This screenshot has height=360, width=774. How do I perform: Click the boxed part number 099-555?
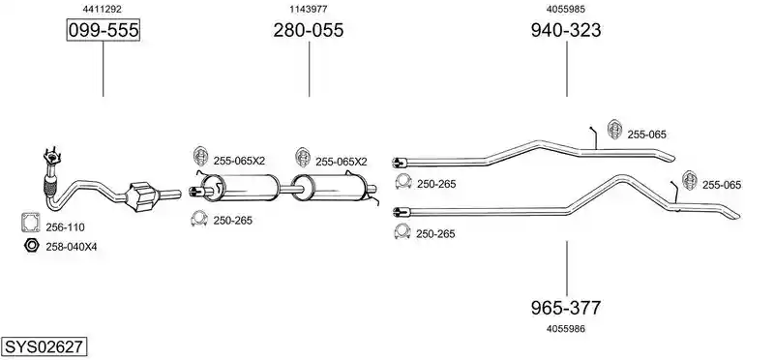[x=104, y=30]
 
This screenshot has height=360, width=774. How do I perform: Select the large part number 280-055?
[x=309, y=30]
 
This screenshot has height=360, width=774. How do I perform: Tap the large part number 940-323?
[x=566, y=30]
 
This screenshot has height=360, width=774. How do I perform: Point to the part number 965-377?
[x=566, y=308]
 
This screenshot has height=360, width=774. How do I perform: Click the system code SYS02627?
[x=44, y=346]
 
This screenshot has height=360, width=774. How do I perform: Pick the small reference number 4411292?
[x=103, y=9]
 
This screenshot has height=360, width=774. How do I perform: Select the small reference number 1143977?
[x=309, y=9]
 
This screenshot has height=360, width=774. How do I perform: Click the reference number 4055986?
[x=566, y=328]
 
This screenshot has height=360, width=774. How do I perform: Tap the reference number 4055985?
[x=566, y=9]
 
